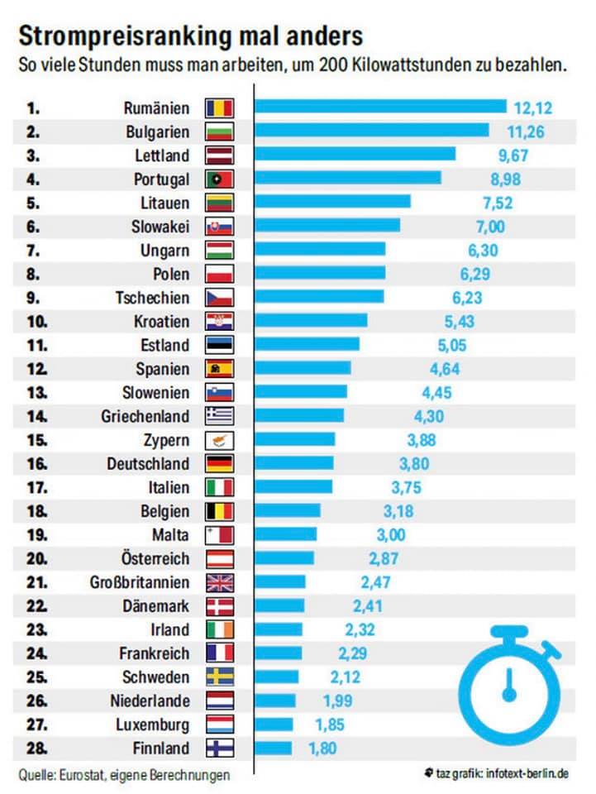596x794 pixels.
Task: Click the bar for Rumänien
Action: coord(380,107)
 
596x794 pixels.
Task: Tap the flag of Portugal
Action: coord(219,179)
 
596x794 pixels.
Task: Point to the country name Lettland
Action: coord(161,155)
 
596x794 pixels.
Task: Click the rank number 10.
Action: coord(38,322)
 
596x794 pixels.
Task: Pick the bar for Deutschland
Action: coord(294,464)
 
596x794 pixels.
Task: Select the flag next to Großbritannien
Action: coord(219,582)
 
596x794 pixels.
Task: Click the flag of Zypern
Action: coord(219,440)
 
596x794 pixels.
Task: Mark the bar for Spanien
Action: coord(303,369)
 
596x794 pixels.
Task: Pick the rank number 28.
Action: coord(38,749)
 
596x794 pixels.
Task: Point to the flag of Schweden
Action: coord(219,677)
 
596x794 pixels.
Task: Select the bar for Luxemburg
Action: coord(274,725)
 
